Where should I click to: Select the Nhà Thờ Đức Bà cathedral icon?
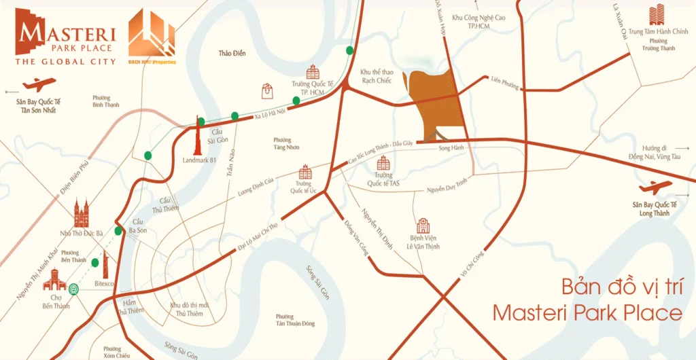point(83,214)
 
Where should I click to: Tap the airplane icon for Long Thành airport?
point(655,187)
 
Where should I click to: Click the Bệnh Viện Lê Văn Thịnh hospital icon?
point(423,227)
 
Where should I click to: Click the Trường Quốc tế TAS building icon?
point(384,163)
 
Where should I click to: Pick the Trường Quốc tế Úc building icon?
point(305,171)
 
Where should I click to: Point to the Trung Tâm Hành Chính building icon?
point(657,14)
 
